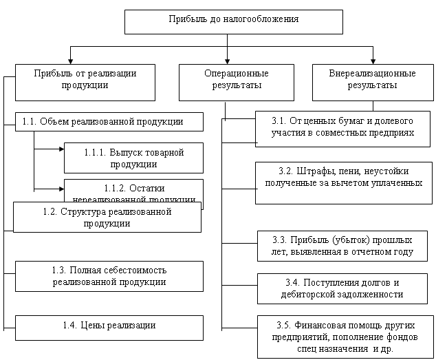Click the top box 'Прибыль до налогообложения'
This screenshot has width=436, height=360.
point(233,20)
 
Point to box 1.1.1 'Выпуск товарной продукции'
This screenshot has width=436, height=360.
point(133,158)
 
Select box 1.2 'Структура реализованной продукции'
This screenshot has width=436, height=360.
point(107,217)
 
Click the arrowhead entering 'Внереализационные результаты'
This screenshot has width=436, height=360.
point(373,61)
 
